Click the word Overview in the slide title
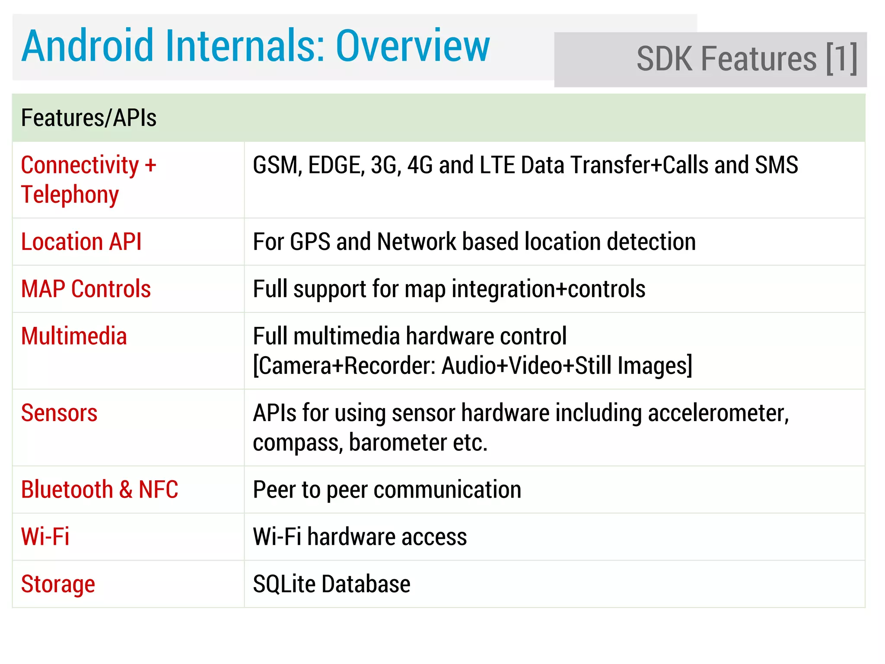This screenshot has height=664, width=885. tap(413, 46)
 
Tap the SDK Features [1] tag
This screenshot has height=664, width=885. tap(746, 59)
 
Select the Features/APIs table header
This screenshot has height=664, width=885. tap(89, 118)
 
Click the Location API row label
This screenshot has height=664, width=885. tap(81, 242)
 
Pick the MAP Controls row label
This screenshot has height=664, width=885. tap(86, 289)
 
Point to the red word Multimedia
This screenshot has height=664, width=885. tap(74, 336)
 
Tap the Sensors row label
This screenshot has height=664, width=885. tap(59, 413)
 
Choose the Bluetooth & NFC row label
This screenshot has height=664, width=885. tap(99, 490)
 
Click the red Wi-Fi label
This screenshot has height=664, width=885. tap(45, 537)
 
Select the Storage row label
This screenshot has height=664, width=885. tap(58, 584)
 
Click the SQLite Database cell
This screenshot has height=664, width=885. tap(331, 584)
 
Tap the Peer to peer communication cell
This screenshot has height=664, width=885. tap(387, 490)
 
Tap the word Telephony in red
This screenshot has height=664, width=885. tap(70, 195)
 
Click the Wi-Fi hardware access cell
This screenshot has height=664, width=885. tap(360, 537)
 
